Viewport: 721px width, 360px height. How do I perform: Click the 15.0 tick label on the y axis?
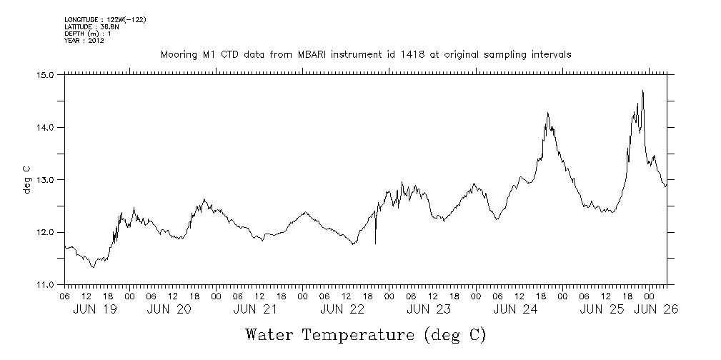pos(46,74)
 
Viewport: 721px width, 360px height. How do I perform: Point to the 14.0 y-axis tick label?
pos(46,127)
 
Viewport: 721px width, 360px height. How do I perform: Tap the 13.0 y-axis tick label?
pos(46,179)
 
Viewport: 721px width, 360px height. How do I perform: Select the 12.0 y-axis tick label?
pos(46,232)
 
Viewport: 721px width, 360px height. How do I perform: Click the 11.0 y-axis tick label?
pos(46,284)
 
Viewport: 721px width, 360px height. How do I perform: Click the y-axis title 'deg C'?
pos(26,179)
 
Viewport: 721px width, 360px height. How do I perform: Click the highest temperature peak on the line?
pos(643,91)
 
